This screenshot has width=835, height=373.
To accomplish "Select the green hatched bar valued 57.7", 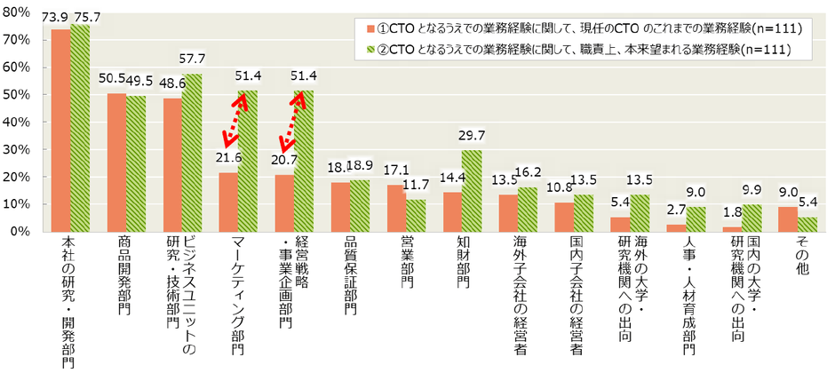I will click(191, 152).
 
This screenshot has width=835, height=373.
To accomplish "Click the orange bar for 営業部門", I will click(395, 208).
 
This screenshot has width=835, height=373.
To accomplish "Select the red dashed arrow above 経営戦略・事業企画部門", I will click(292, 122).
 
